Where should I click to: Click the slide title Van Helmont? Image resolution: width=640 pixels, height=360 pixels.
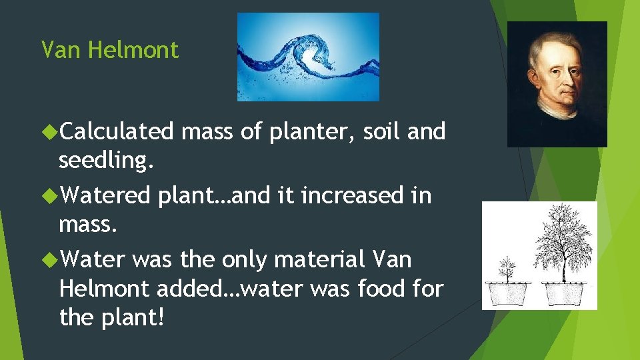110,50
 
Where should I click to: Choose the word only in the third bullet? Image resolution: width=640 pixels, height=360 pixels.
244,260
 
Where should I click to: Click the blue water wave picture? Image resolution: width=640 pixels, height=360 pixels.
308,57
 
